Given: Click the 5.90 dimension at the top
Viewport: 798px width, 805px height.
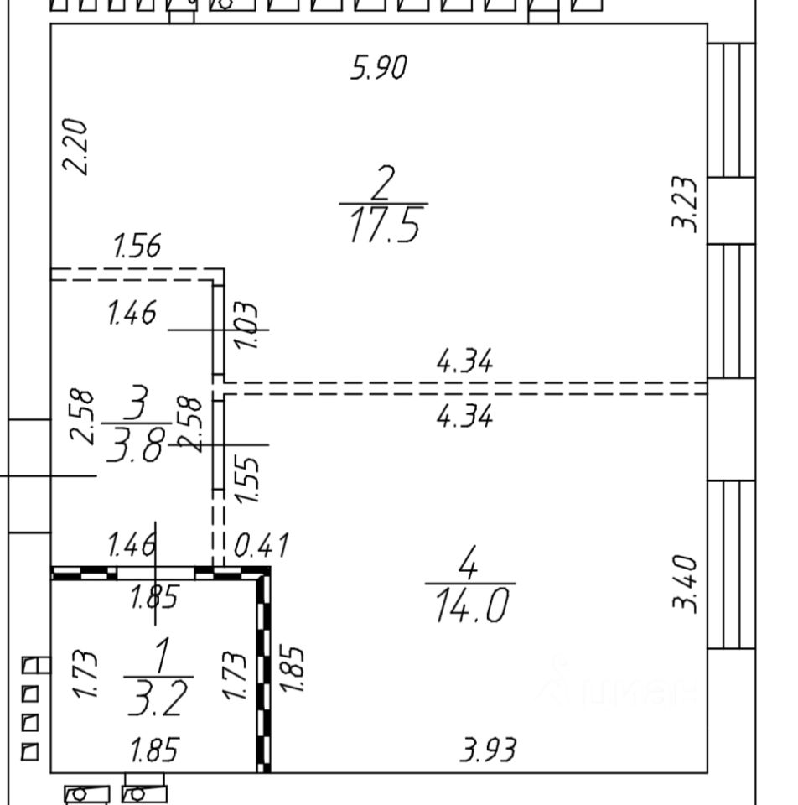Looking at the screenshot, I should (x=378, y=67).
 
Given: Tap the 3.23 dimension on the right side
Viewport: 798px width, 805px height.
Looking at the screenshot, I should (x=684, y=203).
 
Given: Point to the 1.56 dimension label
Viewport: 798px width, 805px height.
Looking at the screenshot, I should (x=137, y=247).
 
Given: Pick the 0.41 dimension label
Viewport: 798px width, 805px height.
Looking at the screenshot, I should (x=262, y=547).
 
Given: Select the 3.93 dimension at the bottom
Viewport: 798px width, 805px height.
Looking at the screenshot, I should (x=488, y=749).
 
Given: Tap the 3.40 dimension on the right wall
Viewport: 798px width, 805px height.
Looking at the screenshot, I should (x=684, y=583).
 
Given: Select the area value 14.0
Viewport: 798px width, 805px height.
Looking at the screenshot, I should (x=470, y=605).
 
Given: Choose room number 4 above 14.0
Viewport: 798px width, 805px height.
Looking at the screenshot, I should (x=469, y=563).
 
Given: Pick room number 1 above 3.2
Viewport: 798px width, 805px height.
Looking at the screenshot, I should (x=160, y=656).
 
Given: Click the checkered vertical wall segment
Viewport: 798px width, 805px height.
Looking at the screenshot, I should (x=264, y=671).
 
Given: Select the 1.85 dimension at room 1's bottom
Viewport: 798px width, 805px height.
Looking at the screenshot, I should (x=155, y=750).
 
